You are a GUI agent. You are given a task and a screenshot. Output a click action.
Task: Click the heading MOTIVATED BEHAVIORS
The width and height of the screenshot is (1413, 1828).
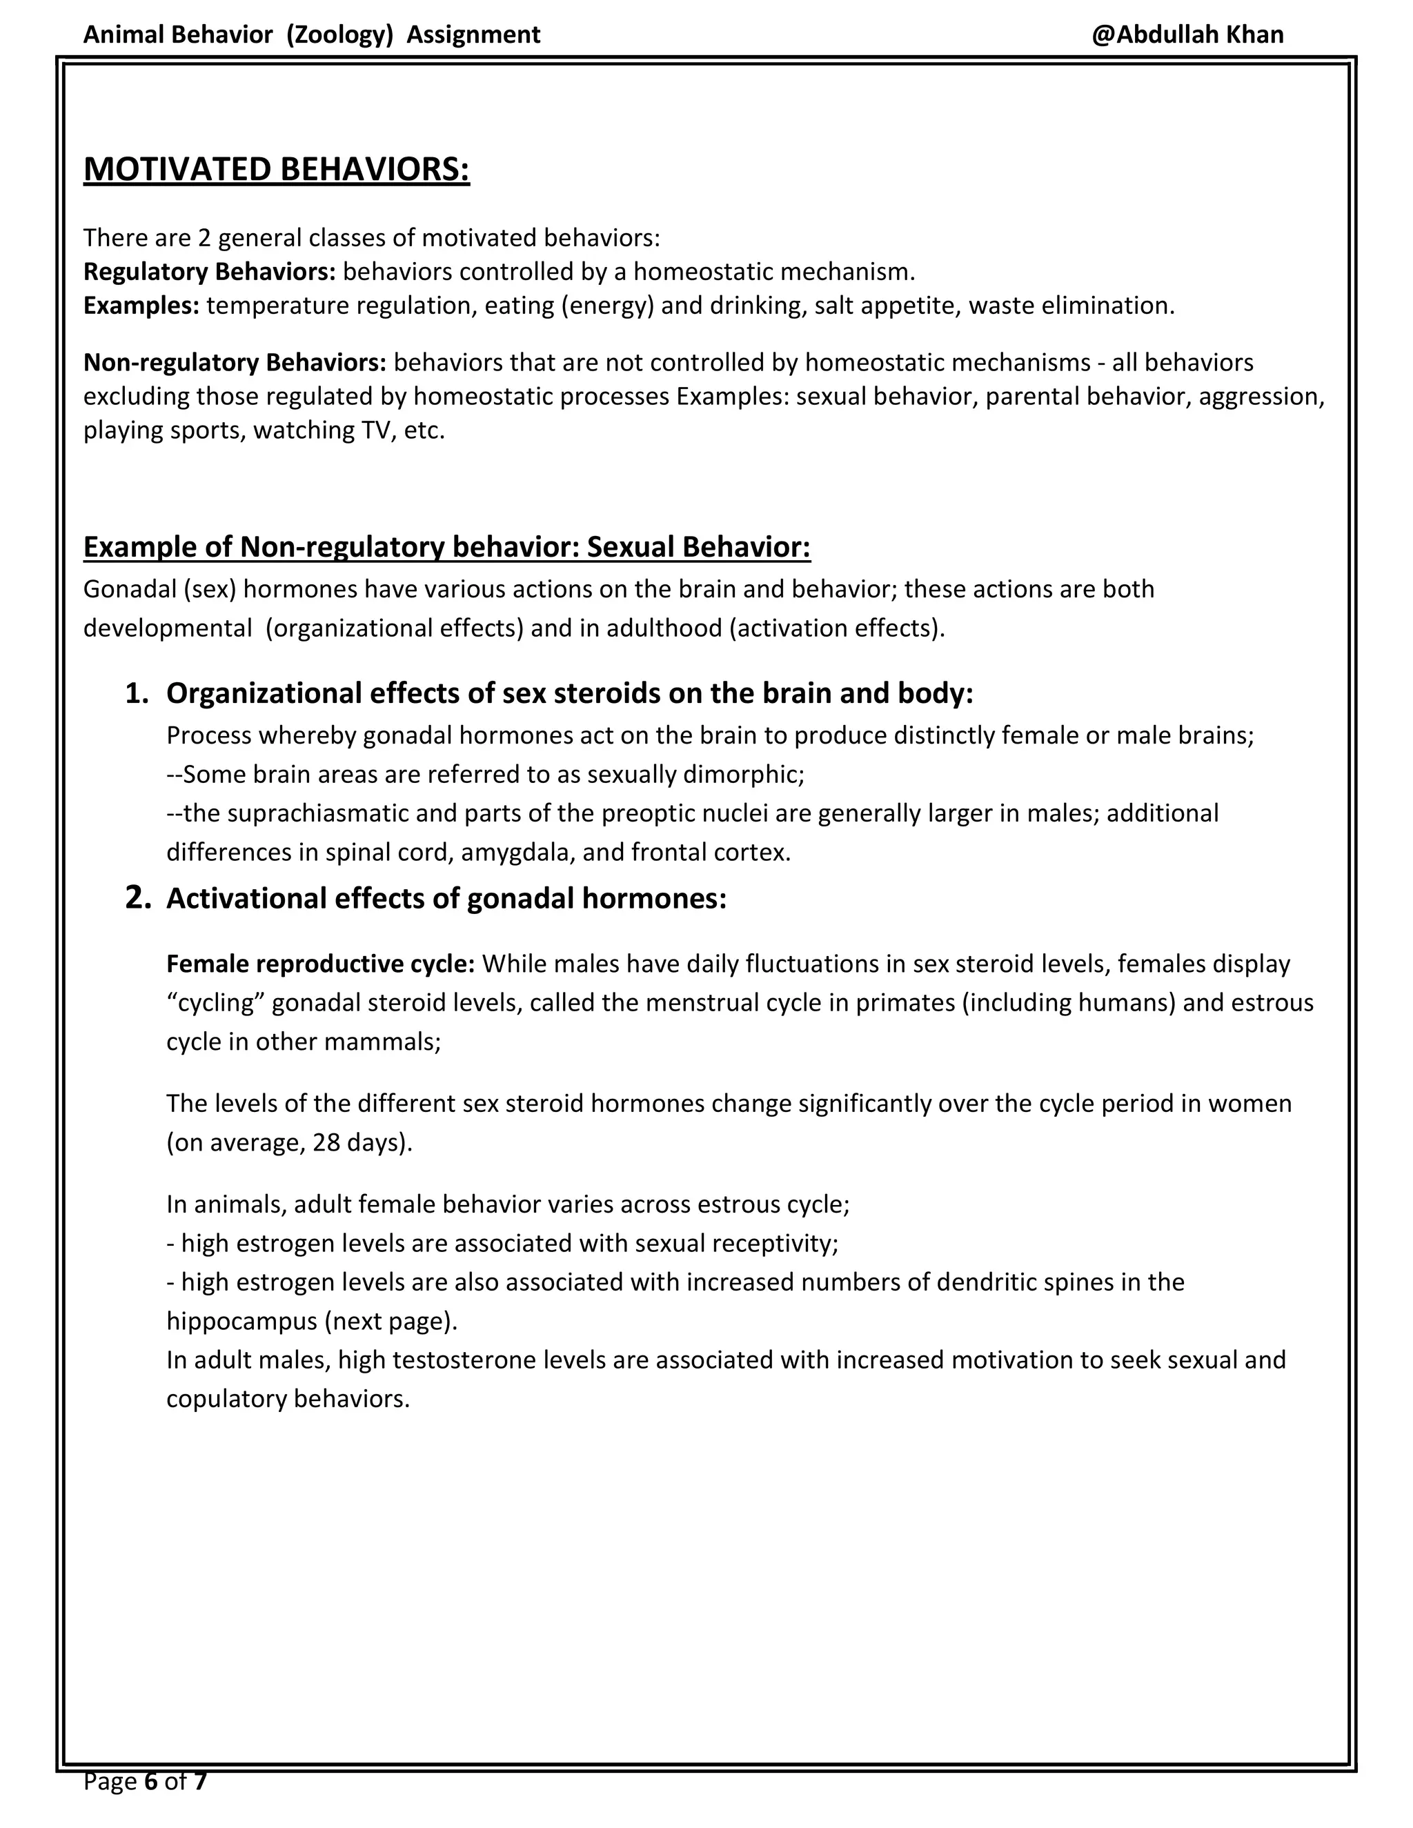(276, 169)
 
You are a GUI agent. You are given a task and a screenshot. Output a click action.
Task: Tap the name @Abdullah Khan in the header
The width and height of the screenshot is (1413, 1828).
(1187, 34)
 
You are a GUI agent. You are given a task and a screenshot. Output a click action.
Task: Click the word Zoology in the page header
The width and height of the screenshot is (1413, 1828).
(339, 34)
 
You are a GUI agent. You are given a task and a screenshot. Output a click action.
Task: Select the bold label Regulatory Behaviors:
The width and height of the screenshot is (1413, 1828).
(209, 271)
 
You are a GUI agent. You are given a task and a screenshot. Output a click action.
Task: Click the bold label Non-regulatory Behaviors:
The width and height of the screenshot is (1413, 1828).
(235, 362)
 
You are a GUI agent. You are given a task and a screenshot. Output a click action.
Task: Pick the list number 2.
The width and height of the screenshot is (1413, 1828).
(137, 898)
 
